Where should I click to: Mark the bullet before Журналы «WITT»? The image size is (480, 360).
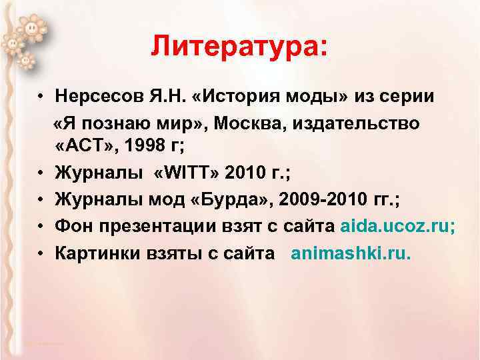pyautogui.click(x=41, y=173)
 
